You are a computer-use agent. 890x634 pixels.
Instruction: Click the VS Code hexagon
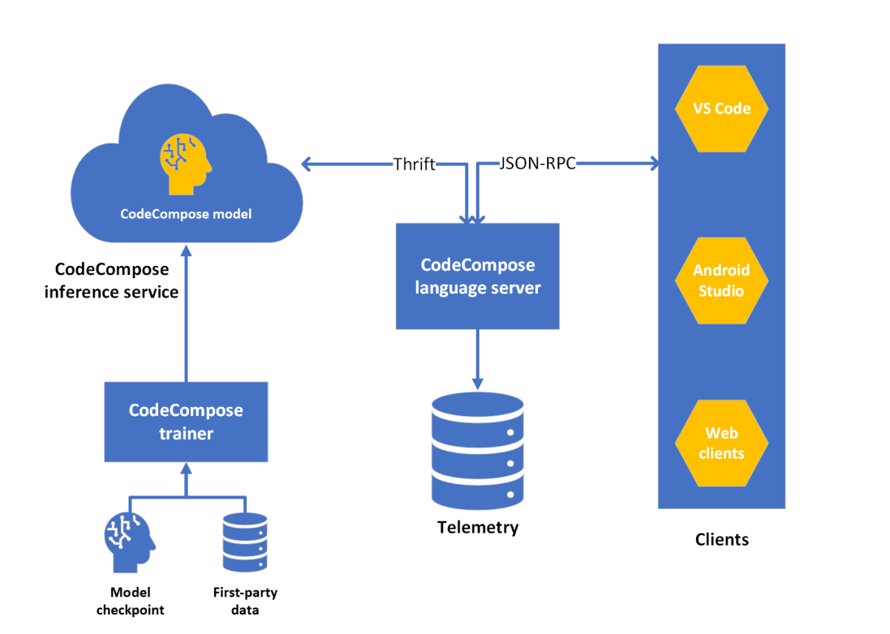coord(721,109)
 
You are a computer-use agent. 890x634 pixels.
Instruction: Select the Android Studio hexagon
coord(721,280)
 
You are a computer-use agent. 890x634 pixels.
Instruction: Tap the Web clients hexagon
coord(721,443)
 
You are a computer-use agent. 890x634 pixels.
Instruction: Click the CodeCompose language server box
coord(477,276)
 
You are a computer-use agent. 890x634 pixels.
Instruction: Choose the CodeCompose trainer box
coord(186,422)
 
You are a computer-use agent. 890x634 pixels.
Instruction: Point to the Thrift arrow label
coord(415,165)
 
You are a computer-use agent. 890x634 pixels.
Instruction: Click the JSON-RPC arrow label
coord(538,165)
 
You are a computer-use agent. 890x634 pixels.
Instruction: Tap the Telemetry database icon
coord(477,449)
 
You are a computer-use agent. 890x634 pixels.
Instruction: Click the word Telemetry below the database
coord(477,528)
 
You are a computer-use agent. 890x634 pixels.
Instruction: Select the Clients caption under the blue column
coord(721,539)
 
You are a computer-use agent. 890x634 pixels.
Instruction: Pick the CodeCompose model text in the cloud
coord(186,214)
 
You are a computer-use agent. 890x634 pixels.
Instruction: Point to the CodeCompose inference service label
coord(112,281)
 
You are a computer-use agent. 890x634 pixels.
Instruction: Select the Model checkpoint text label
coord(130,601)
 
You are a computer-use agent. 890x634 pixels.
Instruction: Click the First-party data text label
coord(244,601)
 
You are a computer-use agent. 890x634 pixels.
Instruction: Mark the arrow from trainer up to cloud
coord(186,316)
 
